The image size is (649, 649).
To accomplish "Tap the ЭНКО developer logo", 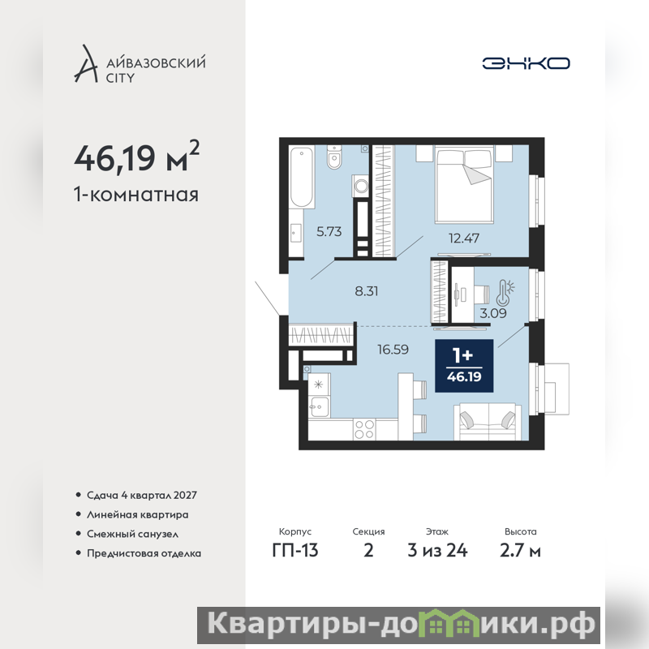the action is pos(526,63).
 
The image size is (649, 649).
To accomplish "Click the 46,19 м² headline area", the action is pos(136,157).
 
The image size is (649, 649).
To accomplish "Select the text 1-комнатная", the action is pos(136,195).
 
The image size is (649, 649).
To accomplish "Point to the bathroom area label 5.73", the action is pos(329,231).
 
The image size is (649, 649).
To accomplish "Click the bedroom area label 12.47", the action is pos(464,238).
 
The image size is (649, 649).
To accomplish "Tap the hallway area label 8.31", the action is pos(367,291).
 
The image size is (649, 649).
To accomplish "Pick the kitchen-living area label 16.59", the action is pos(393,350).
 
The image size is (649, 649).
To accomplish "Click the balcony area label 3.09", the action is pos(493,313).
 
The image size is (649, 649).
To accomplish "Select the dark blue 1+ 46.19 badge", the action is pos(464,366).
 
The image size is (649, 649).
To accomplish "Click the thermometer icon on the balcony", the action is pos(505,293).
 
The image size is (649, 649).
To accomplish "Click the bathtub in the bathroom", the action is pos(301,177).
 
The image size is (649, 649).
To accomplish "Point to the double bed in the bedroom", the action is pos(464,185).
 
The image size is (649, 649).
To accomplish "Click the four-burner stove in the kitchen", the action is pos(364,429).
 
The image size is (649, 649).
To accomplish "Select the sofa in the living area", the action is pos(488,422).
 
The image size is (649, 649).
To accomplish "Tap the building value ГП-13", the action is pos(295,551).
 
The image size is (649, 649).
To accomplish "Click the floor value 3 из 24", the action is pos(437,551).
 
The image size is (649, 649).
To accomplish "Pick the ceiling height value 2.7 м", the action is pos(520,551).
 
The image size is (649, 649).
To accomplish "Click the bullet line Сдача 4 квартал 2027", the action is pos(141,495).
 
